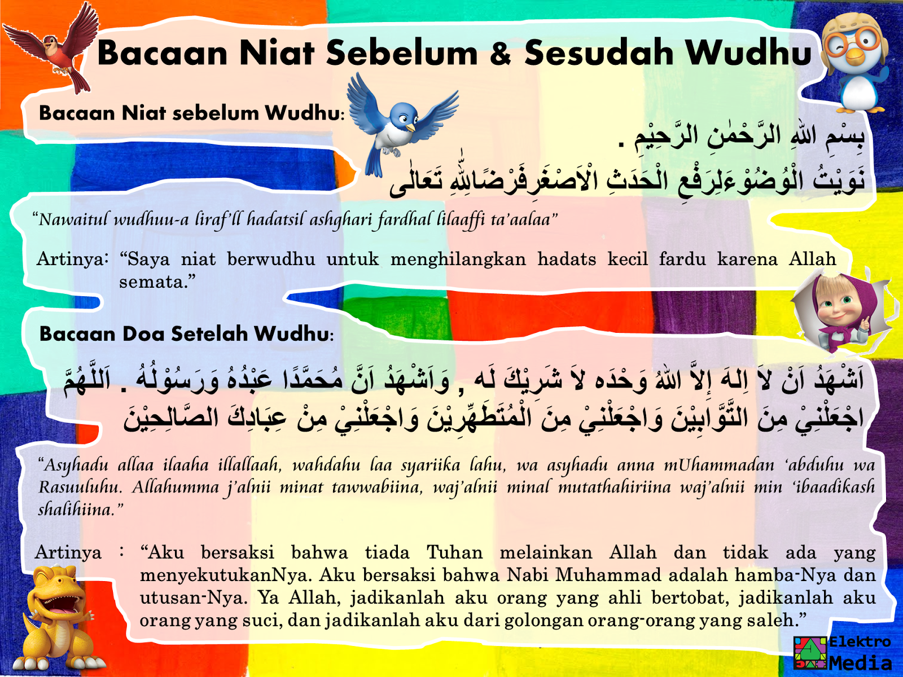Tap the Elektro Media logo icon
[x=810, y=653]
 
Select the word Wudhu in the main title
[x=748, y=52]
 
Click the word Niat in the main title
[x=277, y=52]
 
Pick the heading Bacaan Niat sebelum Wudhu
[x=192, y=113]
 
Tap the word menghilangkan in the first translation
[x=458, y=260]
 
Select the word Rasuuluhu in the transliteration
[x=80, y=487]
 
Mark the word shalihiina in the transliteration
[x=77, y=509]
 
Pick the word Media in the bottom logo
[x=860, y=662]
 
